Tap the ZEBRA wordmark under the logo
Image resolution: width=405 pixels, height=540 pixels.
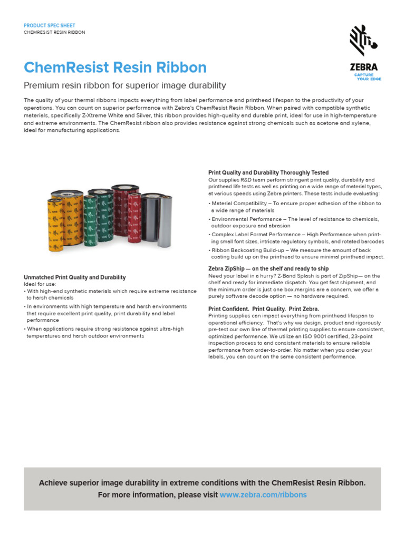[x=364, y=67]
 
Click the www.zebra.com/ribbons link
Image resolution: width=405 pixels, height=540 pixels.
[x=263, y=495]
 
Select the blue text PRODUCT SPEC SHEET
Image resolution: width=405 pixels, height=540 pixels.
[x=50, y=25]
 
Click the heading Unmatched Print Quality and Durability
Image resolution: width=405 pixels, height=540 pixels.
[x=75, y=277]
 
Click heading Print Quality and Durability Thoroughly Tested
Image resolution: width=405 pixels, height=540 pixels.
[x=268, y=172]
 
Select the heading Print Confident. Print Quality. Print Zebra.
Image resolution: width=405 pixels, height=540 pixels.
[x=264, y=308]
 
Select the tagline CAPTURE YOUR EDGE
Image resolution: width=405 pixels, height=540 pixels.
[x=367, y=77]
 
